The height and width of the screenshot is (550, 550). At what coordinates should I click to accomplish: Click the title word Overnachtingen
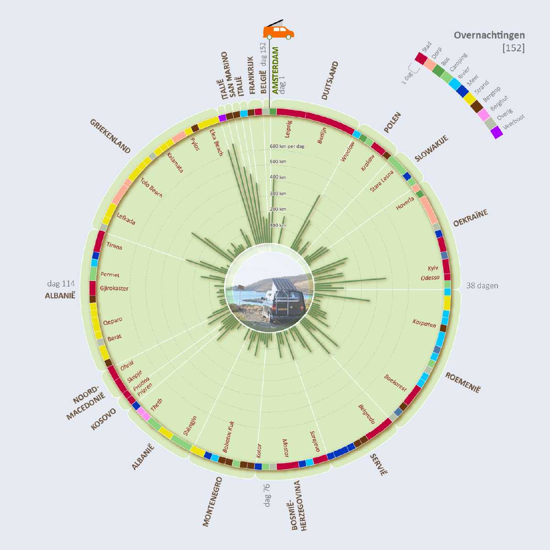pos(489,35)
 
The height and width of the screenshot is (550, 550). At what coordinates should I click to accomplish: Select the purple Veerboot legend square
pos(497,132)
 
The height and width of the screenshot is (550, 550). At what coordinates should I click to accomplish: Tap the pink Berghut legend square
pos(484,115)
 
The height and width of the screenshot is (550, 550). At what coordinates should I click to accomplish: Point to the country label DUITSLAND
pos(330,81)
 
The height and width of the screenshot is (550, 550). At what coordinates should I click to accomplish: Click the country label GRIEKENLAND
pos(110,136)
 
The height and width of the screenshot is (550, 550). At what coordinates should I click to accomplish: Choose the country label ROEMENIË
pos(463,383)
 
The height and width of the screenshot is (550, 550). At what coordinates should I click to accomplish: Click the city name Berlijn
pos(322,135)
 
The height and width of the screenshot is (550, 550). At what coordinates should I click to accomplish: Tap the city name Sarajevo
pos(315,441)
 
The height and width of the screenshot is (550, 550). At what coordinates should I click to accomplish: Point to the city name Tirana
pos(114,246)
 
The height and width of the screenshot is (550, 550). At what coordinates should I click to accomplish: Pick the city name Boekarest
pos(395,383)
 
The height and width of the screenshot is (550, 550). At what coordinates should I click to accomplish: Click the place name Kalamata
pos(175,163)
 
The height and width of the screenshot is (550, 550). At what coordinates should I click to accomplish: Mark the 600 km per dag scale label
pos(287,146)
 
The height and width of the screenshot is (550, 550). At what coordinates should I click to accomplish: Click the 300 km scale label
pos(278,193)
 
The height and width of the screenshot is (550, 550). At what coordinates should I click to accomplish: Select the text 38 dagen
pos(482,286)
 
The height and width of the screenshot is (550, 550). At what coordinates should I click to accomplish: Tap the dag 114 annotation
pos(61,284)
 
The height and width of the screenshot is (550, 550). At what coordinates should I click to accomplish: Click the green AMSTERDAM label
pos(275,71)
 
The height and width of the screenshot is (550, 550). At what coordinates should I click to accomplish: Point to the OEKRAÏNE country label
pos(471,218)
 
